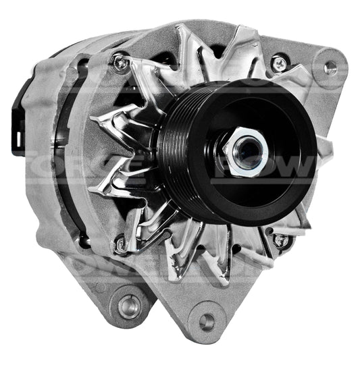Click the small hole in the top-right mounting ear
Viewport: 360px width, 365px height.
tap(330, 68)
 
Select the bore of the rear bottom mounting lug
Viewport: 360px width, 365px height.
tap(128, 306)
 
